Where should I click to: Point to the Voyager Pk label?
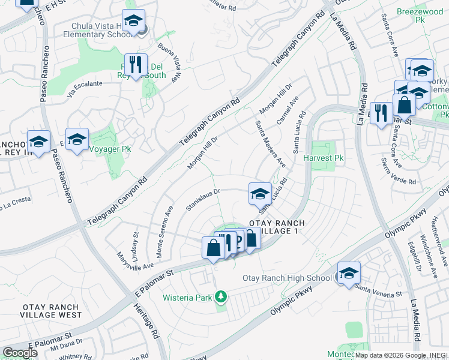coord(110,148)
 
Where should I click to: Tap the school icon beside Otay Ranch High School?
coord(349,272)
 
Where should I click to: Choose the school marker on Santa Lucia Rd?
coord(260,193)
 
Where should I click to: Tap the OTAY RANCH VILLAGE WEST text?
coord(52,311)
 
